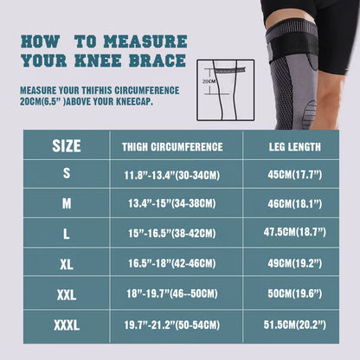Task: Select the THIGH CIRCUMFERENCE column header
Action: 173,146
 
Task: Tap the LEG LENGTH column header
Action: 295,146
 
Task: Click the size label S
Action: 67,173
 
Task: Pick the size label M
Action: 67,204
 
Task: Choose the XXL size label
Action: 67,295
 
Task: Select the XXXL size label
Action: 67,326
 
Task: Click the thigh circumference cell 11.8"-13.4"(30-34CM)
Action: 173,174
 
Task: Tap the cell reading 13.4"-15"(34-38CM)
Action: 173,204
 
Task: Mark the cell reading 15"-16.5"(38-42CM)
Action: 173,235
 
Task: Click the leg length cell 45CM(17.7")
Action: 295,174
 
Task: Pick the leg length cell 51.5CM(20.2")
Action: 295,326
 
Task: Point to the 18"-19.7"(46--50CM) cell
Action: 173,295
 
